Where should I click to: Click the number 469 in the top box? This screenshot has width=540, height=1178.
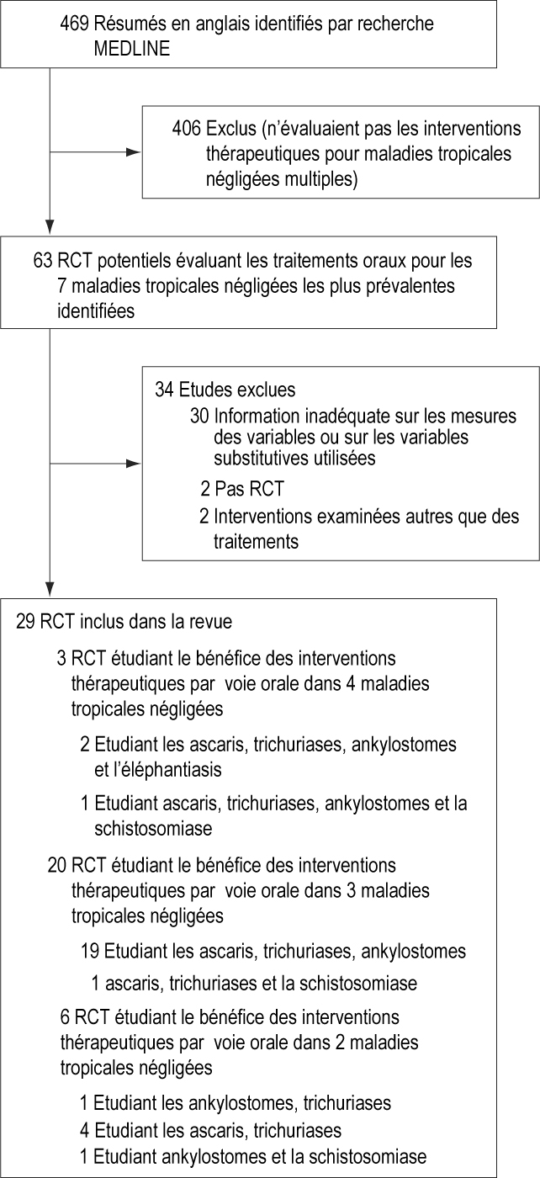[74, 24]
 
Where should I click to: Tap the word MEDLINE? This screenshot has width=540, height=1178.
[133, 48]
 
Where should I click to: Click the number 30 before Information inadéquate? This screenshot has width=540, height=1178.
[202, 415]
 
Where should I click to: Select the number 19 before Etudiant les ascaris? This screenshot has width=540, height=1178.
[90, 951]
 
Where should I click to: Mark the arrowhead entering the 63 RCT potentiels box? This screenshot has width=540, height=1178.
[50, 226]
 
